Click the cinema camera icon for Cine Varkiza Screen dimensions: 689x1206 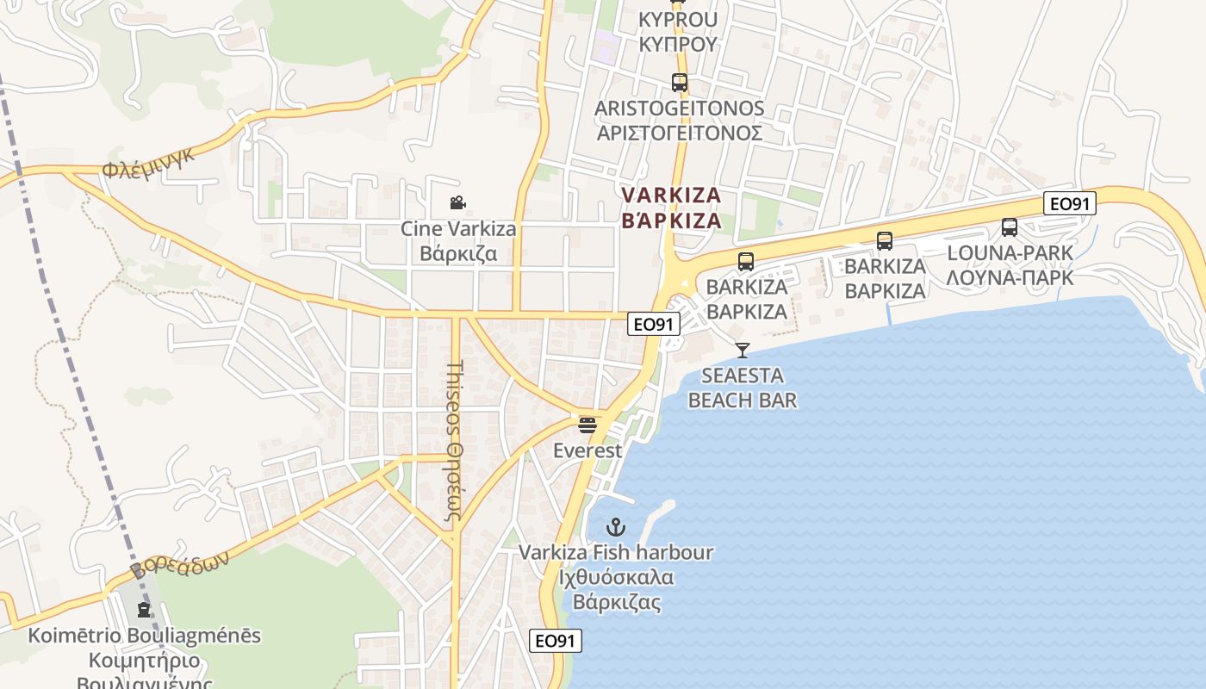[457, 203]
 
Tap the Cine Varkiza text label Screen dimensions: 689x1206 [458, 241]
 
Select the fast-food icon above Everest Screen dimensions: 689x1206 [587, 425]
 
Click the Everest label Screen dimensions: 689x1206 [587, 450]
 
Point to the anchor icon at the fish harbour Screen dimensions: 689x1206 [616, 526]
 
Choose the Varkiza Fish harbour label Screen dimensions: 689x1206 [616, 576]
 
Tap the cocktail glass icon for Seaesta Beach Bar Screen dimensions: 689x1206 [743, 350]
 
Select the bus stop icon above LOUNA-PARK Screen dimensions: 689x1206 [1010, 227]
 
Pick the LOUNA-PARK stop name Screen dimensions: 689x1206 [1010, 265]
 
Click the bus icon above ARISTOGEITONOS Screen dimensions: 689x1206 [680, 83]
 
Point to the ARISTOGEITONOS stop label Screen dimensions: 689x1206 [680, 121]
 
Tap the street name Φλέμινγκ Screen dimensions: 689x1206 [149, 161]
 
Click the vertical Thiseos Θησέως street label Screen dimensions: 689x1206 [456, 441]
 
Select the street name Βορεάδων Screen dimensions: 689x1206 [180, 564]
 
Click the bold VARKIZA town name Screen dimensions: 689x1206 [671, 208]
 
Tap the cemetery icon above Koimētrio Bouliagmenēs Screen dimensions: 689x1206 [143, 610]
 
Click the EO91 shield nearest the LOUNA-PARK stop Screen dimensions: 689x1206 [1070, 204]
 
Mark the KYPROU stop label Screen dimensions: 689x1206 [679, 31]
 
